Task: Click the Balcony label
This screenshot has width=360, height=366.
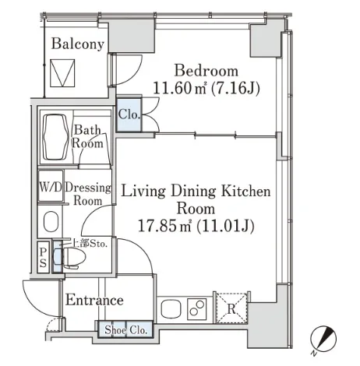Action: pyautogui.click(x=78, y=44)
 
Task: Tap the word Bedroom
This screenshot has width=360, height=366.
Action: pyautogui.click(x=206, y=70)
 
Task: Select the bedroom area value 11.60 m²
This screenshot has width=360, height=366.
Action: pyautogui.click(x=180, y=88)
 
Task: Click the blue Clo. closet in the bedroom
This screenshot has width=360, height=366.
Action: pyautogui.click(x=129, y=114)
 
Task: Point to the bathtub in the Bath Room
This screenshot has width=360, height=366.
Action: pyautogui.click(x=55, y=137)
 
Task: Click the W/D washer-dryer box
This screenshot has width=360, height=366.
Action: pyautogui.click(x=51, y=186)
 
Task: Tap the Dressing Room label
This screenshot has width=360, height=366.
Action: pyautogui.click(x=88, y=194)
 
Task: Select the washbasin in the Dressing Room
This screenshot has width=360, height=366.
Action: pyautogui.click(x=51, y=221)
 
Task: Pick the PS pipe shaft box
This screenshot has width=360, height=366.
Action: pyautogui.click(x=43, y=257)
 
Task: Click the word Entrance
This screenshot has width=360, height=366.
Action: pyautogui.click(x=94, y=300)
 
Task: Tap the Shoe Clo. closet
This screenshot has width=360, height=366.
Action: pyautogui.click(x=125, y=329)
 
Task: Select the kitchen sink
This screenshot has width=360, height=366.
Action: pyautogui.click(x=171, y=309)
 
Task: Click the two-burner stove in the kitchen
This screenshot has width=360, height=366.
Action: pyautogui.click(x=197, y=309)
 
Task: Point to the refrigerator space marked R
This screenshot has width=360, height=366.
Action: pyautogui.click(x=231, y=308)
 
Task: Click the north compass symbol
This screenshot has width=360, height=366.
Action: pyautogui.click(x=323, y=339)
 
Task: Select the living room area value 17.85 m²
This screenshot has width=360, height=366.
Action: pyautogui.click(x=164, y=226)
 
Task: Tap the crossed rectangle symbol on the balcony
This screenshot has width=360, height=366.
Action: pyautogui.click(x=62, y=73)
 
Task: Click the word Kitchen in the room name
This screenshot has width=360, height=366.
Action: pyautogui.click(x=245, y=191)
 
